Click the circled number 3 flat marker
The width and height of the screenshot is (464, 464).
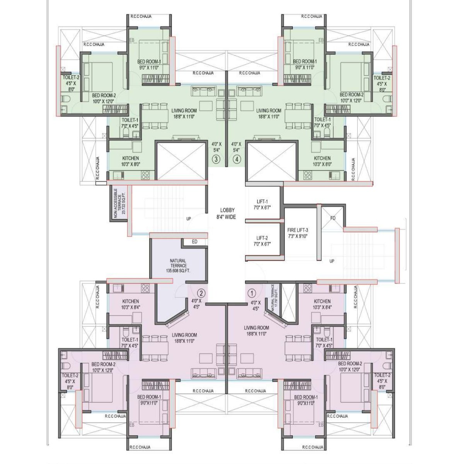(216, 159)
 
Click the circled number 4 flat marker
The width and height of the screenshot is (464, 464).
(236, 159)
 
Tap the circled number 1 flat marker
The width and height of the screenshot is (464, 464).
(252, 293)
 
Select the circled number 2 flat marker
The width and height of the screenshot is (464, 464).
(201, 293)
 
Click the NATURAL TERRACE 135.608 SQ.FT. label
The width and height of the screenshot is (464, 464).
(178, 266)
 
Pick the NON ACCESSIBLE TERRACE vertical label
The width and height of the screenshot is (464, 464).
(119, 203)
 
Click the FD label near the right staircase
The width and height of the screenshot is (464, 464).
(333, 218)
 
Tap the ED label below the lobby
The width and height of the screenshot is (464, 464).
(194, 242)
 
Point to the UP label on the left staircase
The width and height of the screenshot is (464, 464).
(189, 219)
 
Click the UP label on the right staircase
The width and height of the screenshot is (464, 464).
(332, 261)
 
